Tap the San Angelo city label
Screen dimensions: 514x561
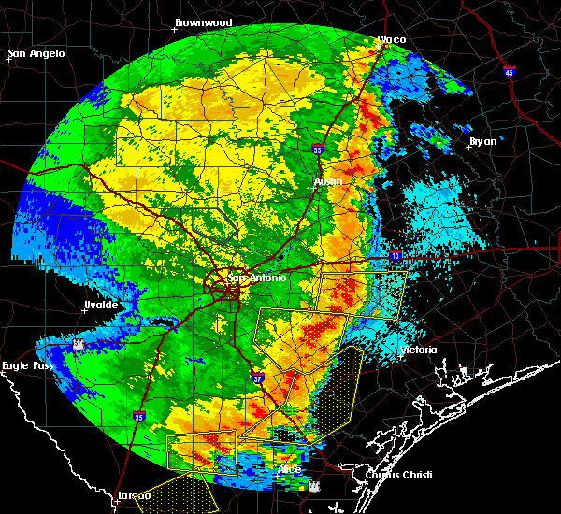pos(38,53)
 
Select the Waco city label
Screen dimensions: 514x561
pos(391,39)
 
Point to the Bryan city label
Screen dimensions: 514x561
pos(483,141)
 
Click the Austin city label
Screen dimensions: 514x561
pos(328,180)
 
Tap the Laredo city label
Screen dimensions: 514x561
pos(135,495)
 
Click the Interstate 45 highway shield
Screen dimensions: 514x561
pos(509,71)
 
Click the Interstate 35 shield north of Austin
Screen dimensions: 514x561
pos(319,148)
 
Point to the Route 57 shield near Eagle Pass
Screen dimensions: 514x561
pos(79,345)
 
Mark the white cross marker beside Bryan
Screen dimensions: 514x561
pos(468,147)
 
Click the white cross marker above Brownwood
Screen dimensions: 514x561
pos(175,29)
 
